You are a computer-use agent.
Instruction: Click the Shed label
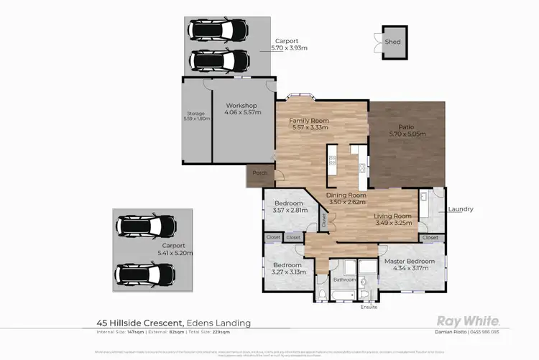tap(392, 42)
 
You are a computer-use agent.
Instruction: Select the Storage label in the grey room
tap(196, 113)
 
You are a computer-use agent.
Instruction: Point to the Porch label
tap(259, 173)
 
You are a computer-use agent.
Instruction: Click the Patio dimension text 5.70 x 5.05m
tap(407, 134)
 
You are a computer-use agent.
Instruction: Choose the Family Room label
tap(308, 120)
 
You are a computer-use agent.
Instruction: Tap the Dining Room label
tap(347, 195)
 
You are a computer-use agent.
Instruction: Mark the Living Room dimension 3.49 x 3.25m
tap(393, 223)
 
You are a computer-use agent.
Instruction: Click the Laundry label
tap(460, 209)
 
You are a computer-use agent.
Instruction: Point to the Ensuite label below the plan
tap(369, 307)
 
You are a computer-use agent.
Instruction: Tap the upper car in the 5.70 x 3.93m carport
tap(219, 30)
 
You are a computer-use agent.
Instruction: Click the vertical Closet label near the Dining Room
tap(324, 223)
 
